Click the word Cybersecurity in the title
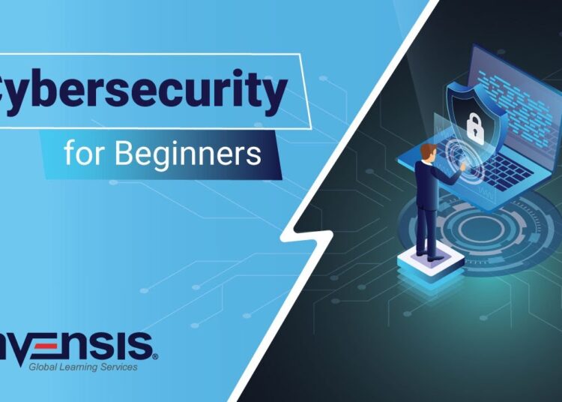click(142, 91)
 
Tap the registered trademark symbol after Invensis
click(155, 358)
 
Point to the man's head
click(427, 151)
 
